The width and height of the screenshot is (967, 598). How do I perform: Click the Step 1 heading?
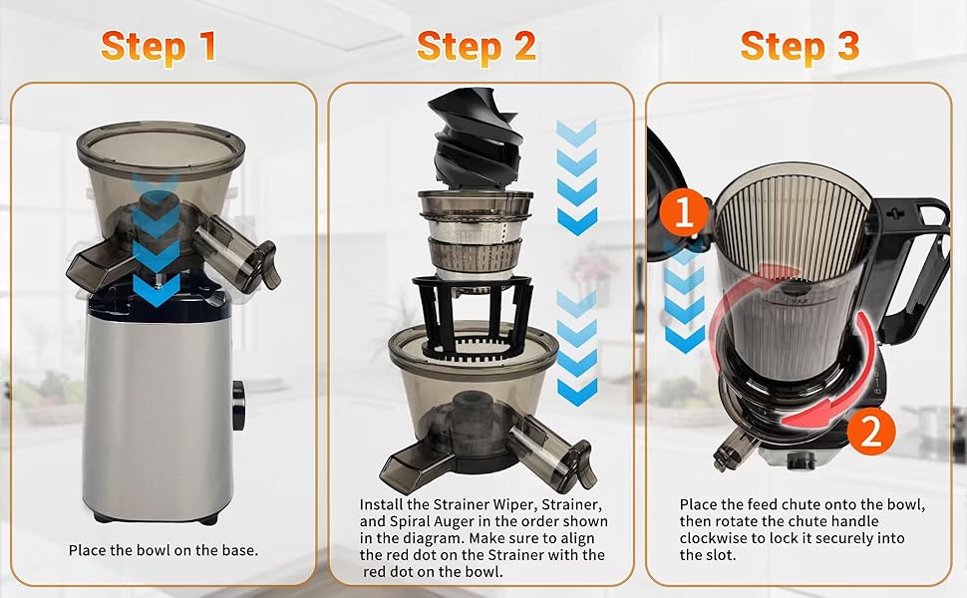tap(159, 46)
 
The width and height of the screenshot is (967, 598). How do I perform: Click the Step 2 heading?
tap(476, 46)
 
